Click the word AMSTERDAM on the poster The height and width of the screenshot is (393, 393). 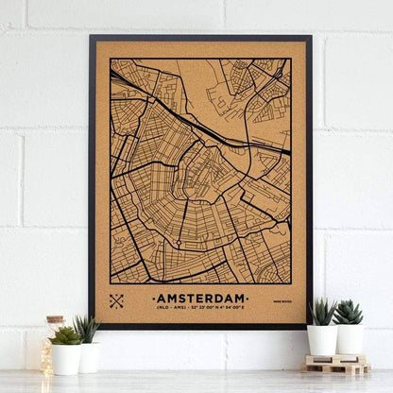point(199,295)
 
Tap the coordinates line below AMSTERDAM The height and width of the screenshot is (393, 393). point(199,308)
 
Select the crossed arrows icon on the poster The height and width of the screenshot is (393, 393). point(117,301)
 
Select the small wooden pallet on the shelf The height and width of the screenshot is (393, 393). point(337,365)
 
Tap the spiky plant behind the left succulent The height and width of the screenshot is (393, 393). point(87,327)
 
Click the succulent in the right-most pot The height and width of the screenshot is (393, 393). point(349,313)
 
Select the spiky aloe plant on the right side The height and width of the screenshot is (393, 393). point(322,312)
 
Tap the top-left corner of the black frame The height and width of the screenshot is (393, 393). point(92,38)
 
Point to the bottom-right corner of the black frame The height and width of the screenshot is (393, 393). point(309,327)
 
